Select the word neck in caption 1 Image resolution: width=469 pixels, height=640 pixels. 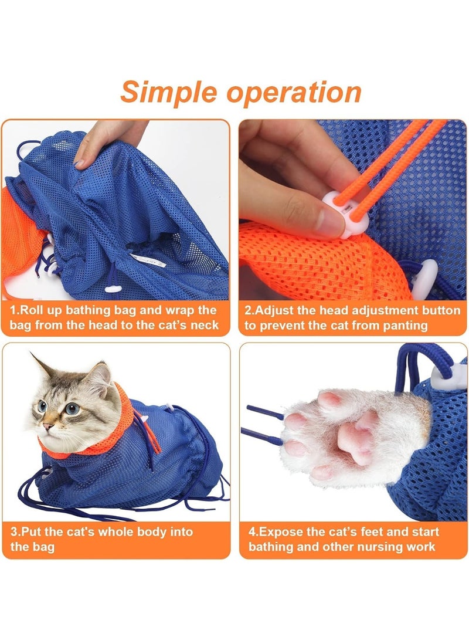tap(203, 325)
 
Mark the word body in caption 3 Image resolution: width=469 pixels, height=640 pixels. tap(153, 532)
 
